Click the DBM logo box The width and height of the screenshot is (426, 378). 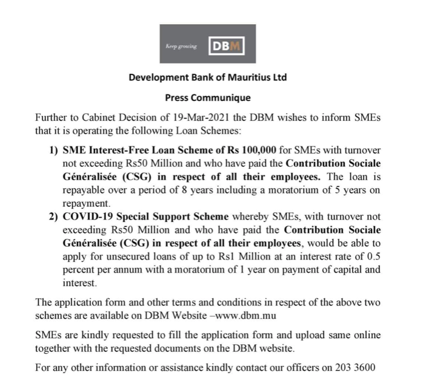click(225, 45)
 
